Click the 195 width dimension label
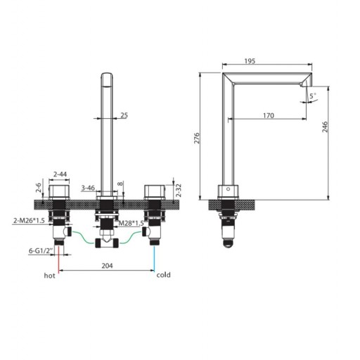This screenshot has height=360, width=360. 250,61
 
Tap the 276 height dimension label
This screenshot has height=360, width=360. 197,138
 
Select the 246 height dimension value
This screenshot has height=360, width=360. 325,127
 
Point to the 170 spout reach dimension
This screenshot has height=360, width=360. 269,115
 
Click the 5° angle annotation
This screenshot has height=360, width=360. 313,96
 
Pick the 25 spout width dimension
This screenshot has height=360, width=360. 124,115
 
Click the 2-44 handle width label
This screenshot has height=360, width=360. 60,174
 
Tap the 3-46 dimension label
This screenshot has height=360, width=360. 88,188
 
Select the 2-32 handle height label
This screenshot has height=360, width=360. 179,191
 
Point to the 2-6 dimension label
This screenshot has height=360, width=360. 39,188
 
